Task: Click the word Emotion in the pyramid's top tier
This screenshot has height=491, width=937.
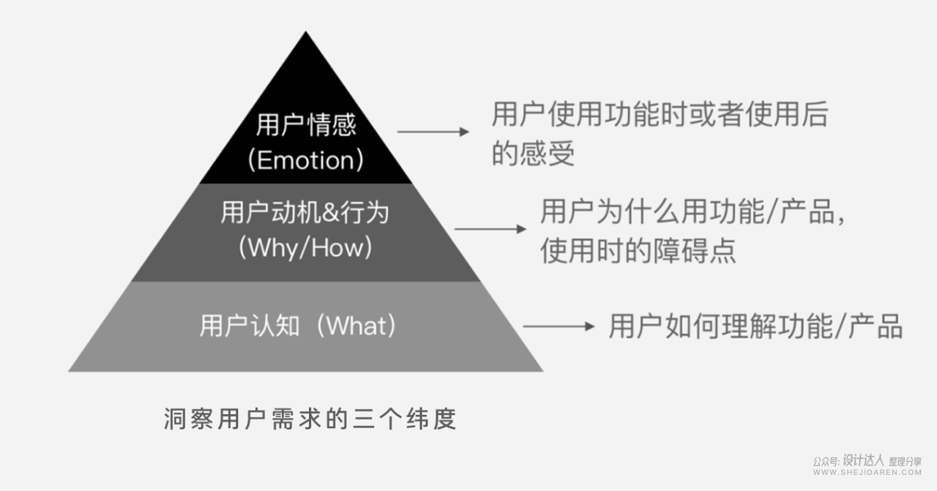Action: [x=305, y=160]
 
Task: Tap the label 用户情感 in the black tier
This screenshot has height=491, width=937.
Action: [x=306, y=125]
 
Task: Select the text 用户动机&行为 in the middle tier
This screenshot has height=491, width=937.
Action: [x=305, y=213]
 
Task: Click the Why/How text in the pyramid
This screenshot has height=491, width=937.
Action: [x=305, y=247]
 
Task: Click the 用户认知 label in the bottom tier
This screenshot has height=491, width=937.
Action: [x=250, y=326]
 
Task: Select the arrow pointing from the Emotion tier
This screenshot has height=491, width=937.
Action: [x=433, y=132]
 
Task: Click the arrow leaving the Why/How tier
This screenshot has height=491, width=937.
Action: [x=490, y=229]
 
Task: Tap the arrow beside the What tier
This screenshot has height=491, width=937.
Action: [x=559, y=326]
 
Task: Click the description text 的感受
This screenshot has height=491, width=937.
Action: [x=533, y=154]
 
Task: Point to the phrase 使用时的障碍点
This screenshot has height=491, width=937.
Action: [x=638, y=251]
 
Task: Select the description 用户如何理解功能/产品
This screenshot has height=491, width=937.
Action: [x=755, y=326]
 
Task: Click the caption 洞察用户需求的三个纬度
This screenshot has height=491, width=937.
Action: [x=310, y=419]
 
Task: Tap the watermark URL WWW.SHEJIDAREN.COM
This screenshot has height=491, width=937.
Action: [x=867, y=473]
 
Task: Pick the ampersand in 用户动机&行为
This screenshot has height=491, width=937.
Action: [x=330, y=214]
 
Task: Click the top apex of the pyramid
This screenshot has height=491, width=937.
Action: [x=306, y=33]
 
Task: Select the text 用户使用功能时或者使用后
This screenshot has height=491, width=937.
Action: [x=660, y=116]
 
